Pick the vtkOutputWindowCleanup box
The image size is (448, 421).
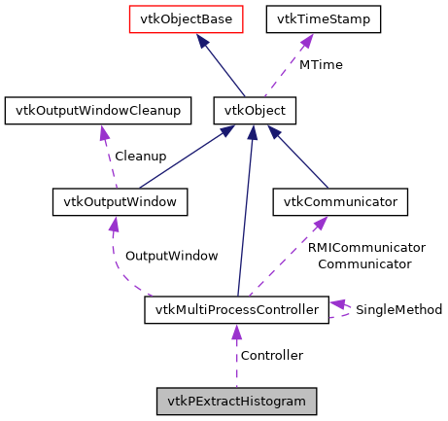pyautogui.click(x=94, y=111)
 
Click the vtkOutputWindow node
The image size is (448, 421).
pyautogui.click(x=119, y=202)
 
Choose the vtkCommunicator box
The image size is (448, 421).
pyautogui.click(x=339, y=202)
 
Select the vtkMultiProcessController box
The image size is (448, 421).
pyautogui.click(x=236, y=310)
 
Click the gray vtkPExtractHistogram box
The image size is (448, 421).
pyautogui.click(x=236, y=401)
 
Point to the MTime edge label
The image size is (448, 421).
pyautogui.click(x=320, y=64)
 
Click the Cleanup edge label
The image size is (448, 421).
pyautogui.click(x=140, y=156)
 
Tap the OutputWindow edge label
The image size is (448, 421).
pyautogui.click(x=171, y=256)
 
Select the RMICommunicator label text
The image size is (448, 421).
pyautogui.click(x=366, y=248)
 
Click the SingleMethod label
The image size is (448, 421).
pyautogui.click(x=398, y=310)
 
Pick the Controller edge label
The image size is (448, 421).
pyautogui.click(x=271, y=356)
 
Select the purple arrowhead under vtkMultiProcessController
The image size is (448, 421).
pyautogui.click(x=236, y=333)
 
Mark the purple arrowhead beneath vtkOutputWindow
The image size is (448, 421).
pyautogui.click(x=115, y=225)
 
